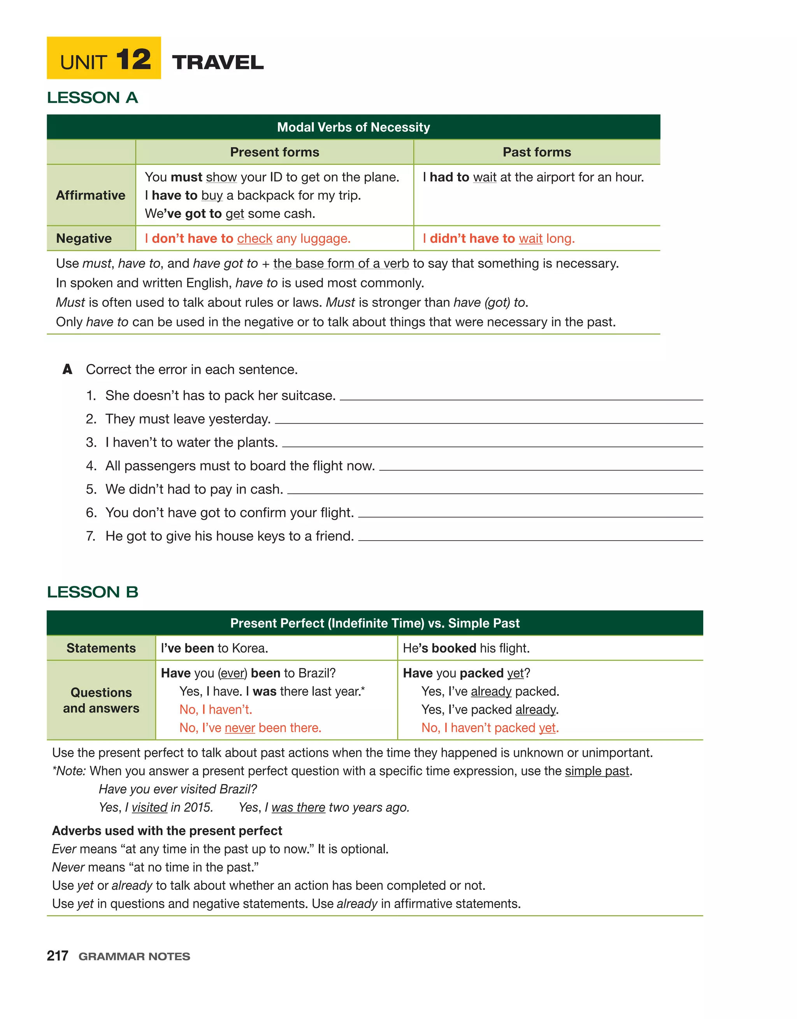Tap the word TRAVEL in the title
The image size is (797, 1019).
(x=218, y=63)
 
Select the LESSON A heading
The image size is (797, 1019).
(x=93, y=98)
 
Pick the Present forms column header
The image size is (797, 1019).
(x=274, y=152)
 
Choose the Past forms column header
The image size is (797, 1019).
(x=537, y=152)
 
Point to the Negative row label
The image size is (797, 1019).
(x=84, y=238)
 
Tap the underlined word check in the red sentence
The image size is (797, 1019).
(x=255, y=238)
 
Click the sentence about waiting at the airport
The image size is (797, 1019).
(x=533, y=177)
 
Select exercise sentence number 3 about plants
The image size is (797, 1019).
(x=191, y=442)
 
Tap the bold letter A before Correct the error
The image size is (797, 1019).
(x=67, y=369)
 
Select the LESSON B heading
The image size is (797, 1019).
(x=93, y=592)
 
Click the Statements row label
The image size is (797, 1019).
(x=101, y=648)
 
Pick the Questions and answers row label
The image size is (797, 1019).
(x=101, y=700)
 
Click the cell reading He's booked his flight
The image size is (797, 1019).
(x=465, y=648)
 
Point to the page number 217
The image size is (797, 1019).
(x=58, y=956)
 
